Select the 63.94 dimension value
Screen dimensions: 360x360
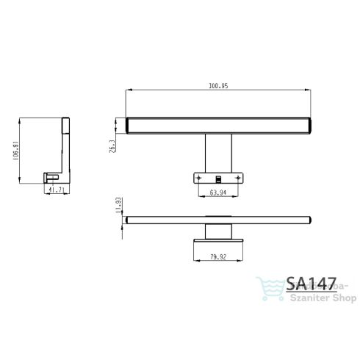[217, 192]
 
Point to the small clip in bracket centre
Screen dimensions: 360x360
[217, 178]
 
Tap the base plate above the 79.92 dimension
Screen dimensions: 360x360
[217, 240]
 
